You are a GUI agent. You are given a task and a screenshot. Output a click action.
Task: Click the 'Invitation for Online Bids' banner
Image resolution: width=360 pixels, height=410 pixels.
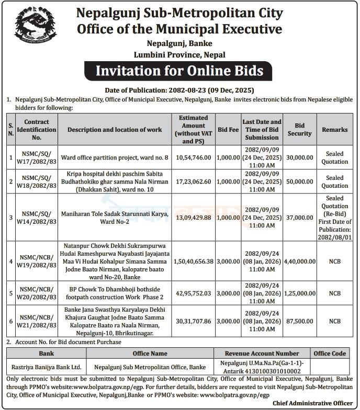click(x=179, y=70)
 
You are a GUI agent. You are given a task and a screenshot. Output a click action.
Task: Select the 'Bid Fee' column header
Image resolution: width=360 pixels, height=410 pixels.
click(x=228, y=130)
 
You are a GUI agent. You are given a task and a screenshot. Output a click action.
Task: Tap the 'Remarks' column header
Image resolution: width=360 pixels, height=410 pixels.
click(x=335, y=130)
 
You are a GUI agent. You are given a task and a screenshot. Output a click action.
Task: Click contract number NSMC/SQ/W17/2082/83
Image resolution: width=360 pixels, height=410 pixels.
click(x=36, y=157)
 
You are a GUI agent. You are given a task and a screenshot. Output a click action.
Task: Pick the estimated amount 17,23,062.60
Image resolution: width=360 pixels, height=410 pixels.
click(x=194, y=181)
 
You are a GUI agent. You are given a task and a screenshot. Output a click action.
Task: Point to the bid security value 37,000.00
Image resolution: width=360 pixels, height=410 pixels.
click(x=300, y=217)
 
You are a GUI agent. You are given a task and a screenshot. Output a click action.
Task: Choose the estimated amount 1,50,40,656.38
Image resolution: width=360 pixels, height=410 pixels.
click(x=194, y=261)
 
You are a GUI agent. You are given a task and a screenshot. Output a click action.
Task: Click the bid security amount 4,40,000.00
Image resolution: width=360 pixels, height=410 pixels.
click(x=300, y=261)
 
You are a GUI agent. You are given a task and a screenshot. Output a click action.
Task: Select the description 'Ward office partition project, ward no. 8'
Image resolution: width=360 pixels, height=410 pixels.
click(x=115, y=157)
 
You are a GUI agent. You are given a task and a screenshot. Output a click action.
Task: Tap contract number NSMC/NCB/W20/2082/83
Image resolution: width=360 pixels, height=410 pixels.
click(x=36, y=294)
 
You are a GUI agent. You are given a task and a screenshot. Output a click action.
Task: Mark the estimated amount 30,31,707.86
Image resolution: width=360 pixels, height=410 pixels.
click(x=194, y=321)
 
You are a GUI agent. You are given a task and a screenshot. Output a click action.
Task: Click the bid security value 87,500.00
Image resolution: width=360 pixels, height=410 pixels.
click(x=300, y=321)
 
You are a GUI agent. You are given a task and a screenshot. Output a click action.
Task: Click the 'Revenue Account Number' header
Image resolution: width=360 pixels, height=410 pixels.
click(x=262, y=354)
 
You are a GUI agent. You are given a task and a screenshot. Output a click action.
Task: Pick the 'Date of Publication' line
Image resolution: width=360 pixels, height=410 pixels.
click(x=179, y=90)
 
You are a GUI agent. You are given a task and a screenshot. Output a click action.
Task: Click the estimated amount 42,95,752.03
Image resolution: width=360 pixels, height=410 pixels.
click(x=194, y=294)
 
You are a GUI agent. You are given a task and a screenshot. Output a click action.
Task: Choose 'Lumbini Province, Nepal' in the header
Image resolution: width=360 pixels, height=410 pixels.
click(x=179, y=54)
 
